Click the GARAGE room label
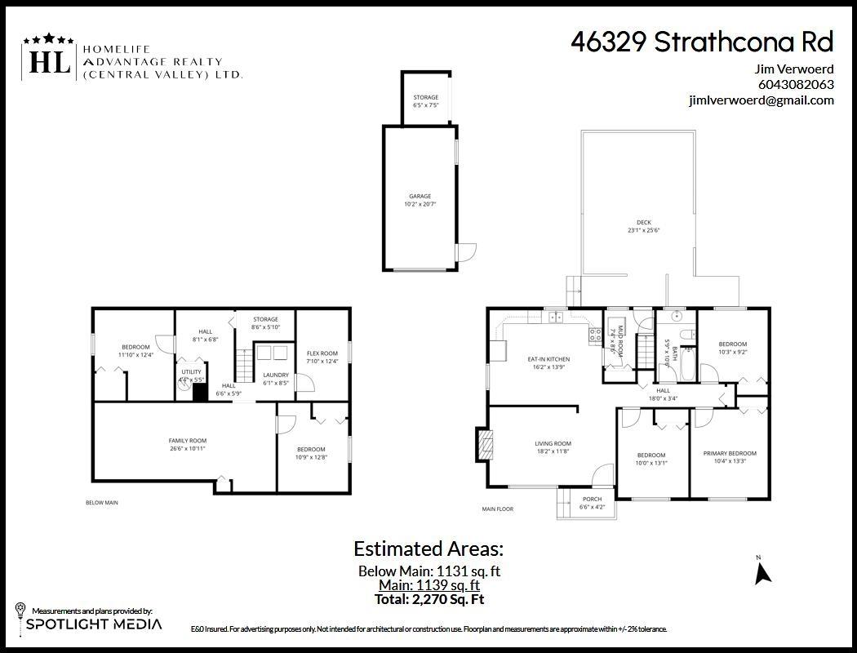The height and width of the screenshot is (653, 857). pyautogui.click(x=420, y=196)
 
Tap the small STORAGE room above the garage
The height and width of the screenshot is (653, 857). pyautogui.click(x=425, y=98)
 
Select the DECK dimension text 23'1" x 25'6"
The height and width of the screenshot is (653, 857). pyautogui.click(x=644, y=231)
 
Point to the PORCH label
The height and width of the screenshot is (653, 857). pyautogui.click(x=592, y=499)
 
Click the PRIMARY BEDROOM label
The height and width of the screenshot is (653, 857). pyautogui.click(x=730, y=453)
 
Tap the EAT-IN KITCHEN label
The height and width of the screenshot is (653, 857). pyautogui.click(x=548, y=359)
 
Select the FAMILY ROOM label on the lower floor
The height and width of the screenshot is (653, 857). pyautogui.click(x=187, y=441)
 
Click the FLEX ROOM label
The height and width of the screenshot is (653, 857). pyautogui.click(x=322, y=353)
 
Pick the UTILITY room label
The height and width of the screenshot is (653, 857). pyautogui.click(x=191, y=371)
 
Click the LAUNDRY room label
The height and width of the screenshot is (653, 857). pyautogui.click(x=276, y=375)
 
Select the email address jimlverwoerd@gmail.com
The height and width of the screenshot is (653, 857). pyautogui.click(x=761, y=100)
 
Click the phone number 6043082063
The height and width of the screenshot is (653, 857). pyautogui.click(x=795, y=84)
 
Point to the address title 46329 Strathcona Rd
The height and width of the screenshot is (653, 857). pyautogui.click(x=702, y=42)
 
